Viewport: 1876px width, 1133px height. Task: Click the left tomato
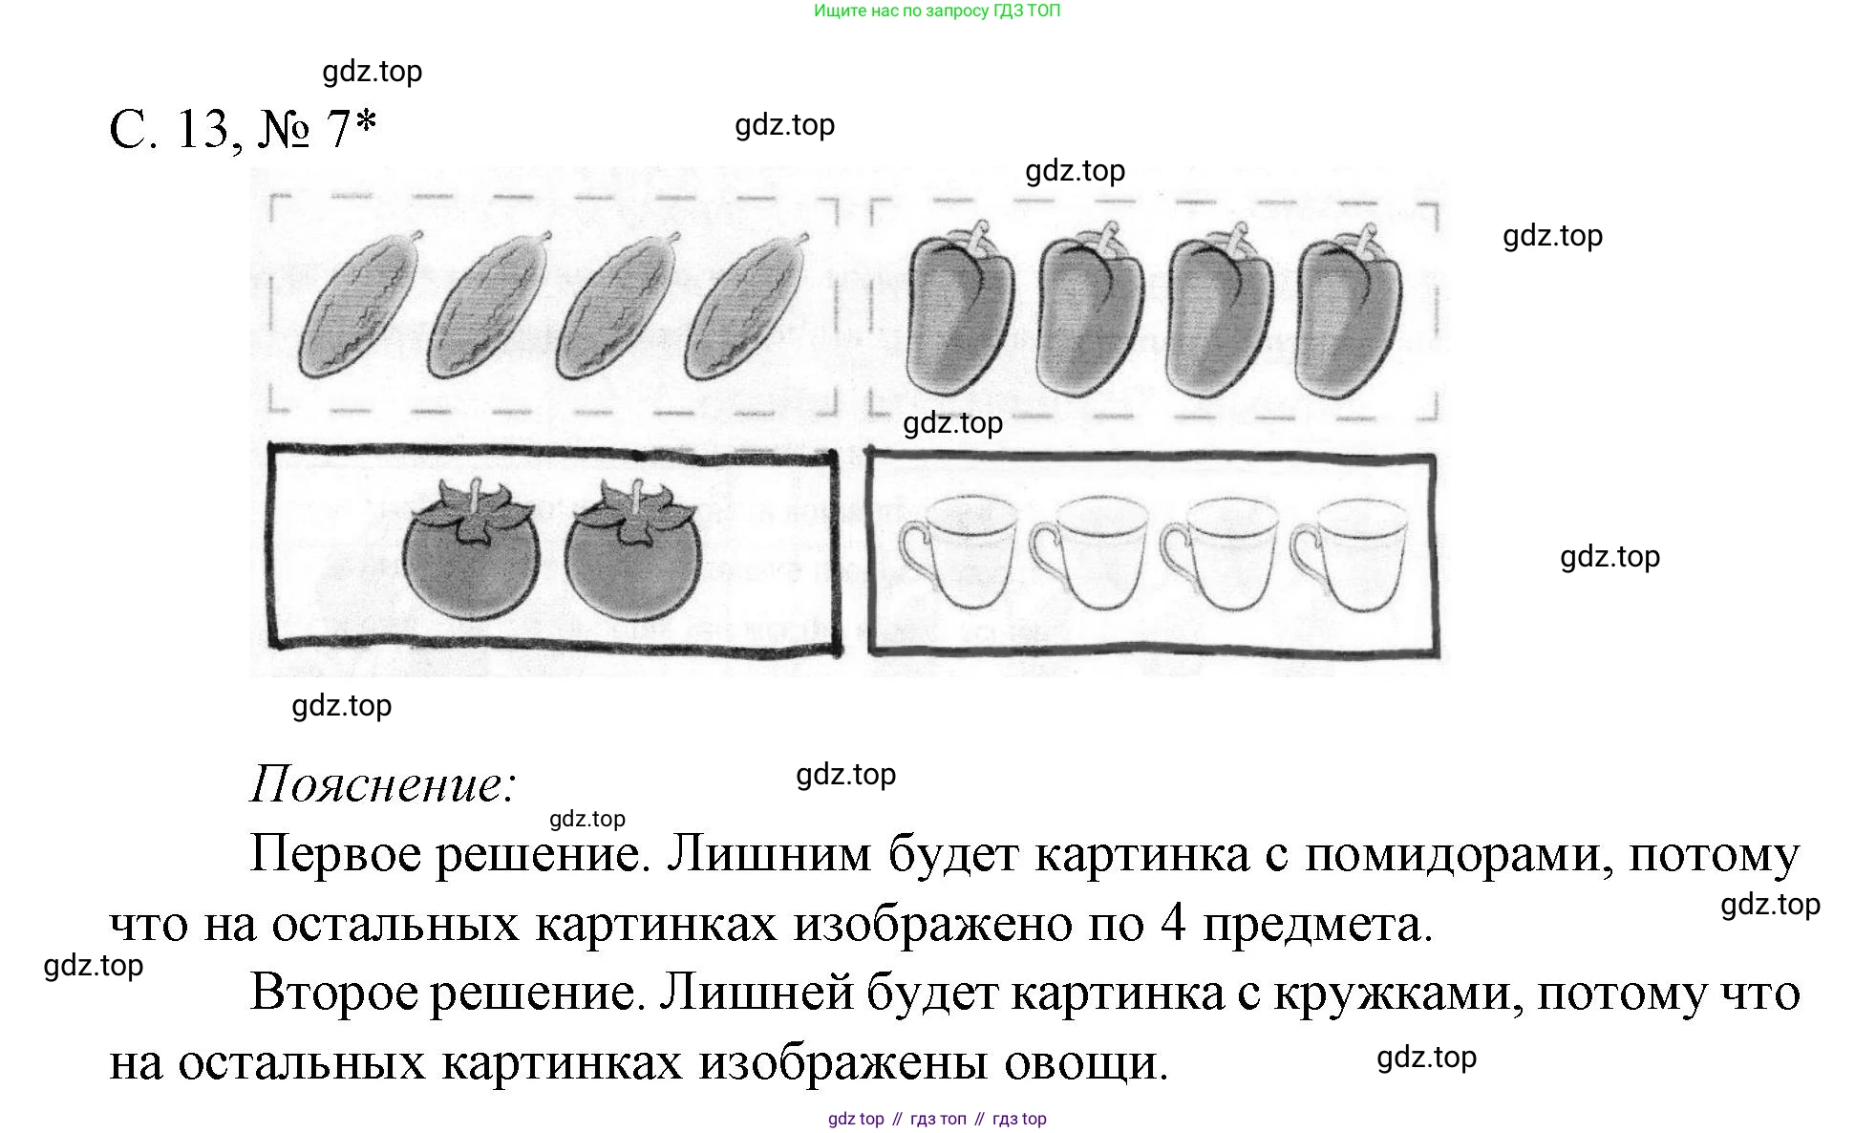tap(470, 559)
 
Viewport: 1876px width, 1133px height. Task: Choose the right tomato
tap(632, 559)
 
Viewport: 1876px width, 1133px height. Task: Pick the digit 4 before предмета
tap(1173, 924)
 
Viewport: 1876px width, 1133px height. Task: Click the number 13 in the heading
tap(203, 129)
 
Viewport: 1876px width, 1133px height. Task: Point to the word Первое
tap(334, 854)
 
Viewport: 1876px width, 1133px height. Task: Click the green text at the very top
tap(936, 11)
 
